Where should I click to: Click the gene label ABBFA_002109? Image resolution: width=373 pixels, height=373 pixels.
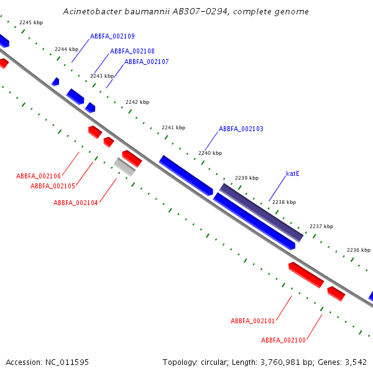tap(113, 37)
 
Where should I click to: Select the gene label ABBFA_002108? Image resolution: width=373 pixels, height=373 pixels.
tap(132, 51)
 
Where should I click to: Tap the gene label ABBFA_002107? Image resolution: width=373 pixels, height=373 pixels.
tap(147, 62)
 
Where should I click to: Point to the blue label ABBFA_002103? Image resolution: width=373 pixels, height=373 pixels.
tap(241, 129)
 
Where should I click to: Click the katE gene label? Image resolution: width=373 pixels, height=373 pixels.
tap(293, 173)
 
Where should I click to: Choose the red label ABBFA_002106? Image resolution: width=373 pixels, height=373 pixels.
tap(39, 177)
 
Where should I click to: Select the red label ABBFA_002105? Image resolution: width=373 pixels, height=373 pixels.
tap(53, 186)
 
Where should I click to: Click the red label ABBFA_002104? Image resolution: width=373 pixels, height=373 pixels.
tap(76, 203)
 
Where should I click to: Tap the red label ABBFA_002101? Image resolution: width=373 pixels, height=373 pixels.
tap(253, 321)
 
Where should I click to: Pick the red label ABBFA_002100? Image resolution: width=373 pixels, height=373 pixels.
tap(283, 340)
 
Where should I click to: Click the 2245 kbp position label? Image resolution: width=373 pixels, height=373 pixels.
tap(31, 22)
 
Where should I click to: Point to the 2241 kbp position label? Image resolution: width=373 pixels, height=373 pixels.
tap(173, 127)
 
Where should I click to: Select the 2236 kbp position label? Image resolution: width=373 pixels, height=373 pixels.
tap(359, 250)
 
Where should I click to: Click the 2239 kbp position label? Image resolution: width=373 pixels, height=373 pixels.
tap(247, 178)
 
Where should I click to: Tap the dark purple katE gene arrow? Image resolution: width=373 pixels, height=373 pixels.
tap(261, 212)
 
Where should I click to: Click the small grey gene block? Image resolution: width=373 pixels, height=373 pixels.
tap(124, 167)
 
